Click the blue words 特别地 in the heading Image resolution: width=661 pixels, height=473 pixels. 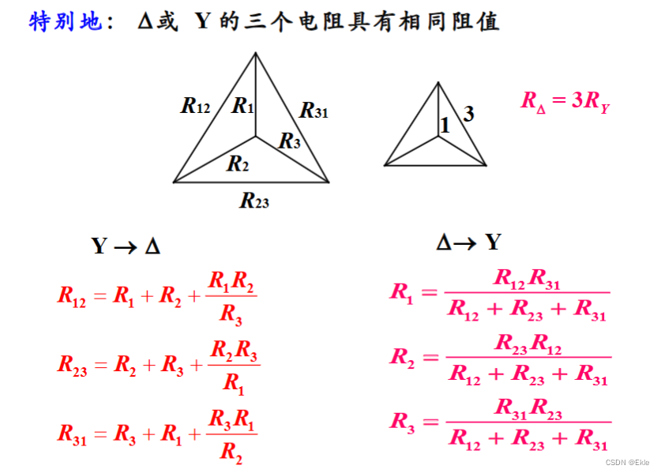coord(66,22)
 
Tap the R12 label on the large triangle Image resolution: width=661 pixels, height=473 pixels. coord(196,105)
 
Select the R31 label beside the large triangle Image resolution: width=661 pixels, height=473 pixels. coord(314,111)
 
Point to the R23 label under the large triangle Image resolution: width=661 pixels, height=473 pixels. coord(254,201)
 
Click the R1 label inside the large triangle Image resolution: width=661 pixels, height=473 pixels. coord(243,105)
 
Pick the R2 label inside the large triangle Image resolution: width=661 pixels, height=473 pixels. coord(238,164)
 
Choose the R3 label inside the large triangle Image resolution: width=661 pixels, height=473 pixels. coord(289,141)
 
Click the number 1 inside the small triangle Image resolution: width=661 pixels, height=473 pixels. coord(445,125)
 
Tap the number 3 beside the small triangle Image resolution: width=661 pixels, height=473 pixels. coord(469,114)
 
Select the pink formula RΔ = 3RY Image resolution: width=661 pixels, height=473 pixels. coord(565,102)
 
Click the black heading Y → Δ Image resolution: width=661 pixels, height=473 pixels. coord(126,246)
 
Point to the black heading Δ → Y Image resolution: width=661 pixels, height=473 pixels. coord(468,242)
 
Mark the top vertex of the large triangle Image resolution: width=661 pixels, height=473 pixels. coord(255,53)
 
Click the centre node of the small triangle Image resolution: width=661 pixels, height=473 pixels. coord(439,137)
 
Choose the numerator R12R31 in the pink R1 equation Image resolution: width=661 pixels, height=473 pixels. coord(527,279)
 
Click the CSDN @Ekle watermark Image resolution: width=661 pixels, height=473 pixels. coord(627,463)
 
